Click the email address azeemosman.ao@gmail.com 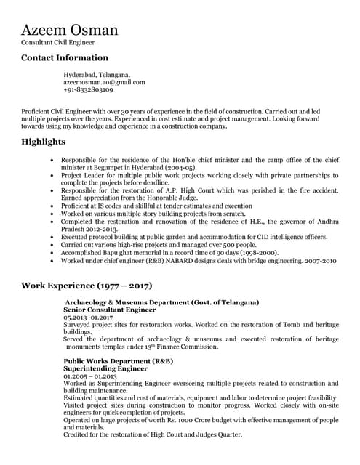click(104, 82)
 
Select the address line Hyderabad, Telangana click(97, 75)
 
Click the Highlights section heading click(44, 141)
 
